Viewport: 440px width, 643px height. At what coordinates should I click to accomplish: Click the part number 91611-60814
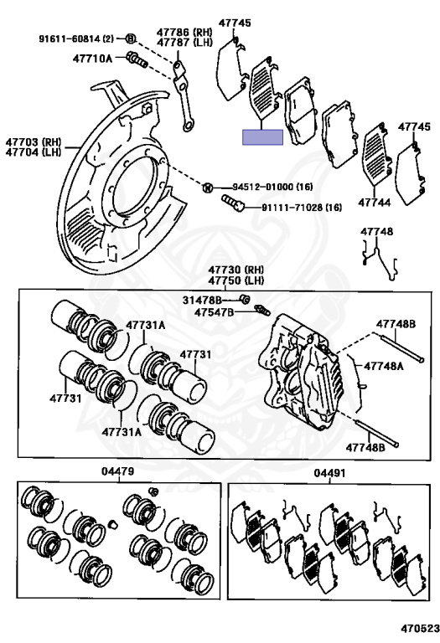tap(70, 39)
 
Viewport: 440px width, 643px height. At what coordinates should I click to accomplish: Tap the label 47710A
tap(92, 59)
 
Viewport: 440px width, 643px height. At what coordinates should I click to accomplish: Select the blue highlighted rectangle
tap(262, 137)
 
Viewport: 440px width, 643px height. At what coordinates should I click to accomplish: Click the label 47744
tap(375, 202)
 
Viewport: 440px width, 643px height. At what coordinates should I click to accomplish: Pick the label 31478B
tap(202, 301)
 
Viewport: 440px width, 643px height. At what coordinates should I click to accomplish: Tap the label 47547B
tap(214, 312)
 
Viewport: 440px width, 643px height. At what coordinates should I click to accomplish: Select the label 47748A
tap(384, 366)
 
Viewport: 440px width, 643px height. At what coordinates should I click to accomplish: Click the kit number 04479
tap(118, 471)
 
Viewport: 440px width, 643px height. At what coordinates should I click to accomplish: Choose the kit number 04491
tap(329, 473)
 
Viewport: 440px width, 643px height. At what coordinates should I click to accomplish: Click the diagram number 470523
tap(420, 628)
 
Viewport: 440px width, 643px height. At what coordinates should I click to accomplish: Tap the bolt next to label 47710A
tap(137, 59)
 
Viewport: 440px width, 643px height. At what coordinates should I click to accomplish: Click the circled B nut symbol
tap(130, 39)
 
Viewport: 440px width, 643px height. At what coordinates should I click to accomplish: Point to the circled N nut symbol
tap(208, 188)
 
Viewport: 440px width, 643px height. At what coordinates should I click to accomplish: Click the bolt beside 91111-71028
tap(233, 203)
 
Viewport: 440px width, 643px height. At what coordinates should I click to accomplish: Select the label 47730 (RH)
tap(236, 270)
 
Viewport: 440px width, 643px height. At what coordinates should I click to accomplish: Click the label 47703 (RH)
tap(33, 142)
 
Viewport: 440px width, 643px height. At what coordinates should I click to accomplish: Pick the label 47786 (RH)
tap(184, 33)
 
